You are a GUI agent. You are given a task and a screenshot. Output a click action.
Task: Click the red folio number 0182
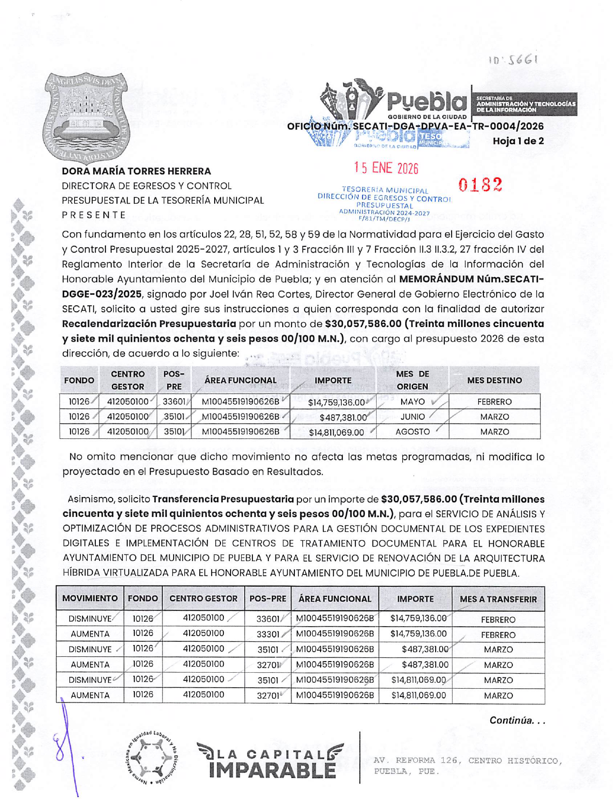[x=480, y=184]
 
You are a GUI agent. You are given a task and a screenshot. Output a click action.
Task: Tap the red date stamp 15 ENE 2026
[x=386, y=168]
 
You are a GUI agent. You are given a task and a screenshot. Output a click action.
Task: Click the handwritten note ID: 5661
[x=513, y=60]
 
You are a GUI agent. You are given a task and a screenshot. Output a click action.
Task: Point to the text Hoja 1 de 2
[x=518, y=141]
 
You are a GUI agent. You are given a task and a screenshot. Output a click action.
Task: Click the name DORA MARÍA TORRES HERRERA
[x=136, y=171]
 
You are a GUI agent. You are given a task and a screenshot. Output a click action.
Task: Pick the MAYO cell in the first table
[x=412, y=402]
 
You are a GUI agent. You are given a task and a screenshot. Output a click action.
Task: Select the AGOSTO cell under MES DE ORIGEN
[x=412, y=432]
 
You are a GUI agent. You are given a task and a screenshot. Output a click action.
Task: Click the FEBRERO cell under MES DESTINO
[x=494, y=402]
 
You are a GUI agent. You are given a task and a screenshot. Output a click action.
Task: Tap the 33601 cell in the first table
[x=174, y=402]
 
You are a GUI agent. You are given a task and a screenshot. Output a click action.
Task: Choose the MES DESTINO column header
[x=494, y=380]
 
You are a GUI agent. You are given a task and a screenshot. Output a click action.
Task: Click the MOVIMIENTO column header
[x=90, y=599]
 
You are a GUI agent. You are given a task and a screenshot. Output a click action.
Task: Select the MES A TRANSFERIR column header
[x=498, y=599]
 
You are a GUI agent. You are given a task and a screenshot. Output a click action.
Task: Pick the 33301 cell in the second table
[x=268, y=634]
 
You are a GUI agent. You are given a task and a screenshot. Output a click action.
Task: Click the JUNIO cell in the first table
[x=412, y=417]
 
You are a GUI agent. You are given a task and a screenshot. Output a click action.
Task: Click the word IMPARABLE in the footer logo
[x=272, y=770]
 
